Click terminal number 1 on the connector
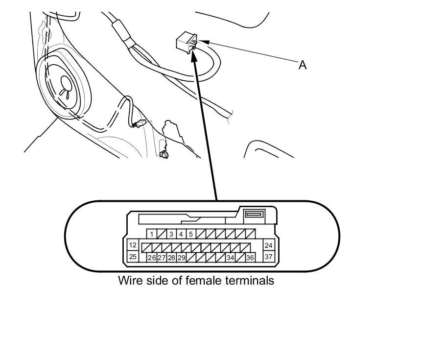(152, 234)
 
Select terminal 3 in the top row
(171, 234)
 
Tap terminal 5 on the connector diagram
(191, 234)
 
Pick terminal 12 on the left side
(133, 245)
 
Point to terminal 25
(133, 256)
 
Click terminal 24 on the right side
(268, 245)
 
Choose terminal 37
(268, 256)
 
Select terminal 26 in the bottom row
(152, 258)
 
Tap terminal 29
(181, 258)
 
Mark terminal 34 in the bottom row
(230, 258)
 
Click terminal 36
(250, 258)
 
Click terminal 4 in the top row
(181, 234)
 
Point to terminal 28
(171, 258)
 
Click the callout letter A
(303, 65)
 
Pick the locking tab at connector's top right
(254, 214)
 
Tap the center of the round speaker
(65, 87)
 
